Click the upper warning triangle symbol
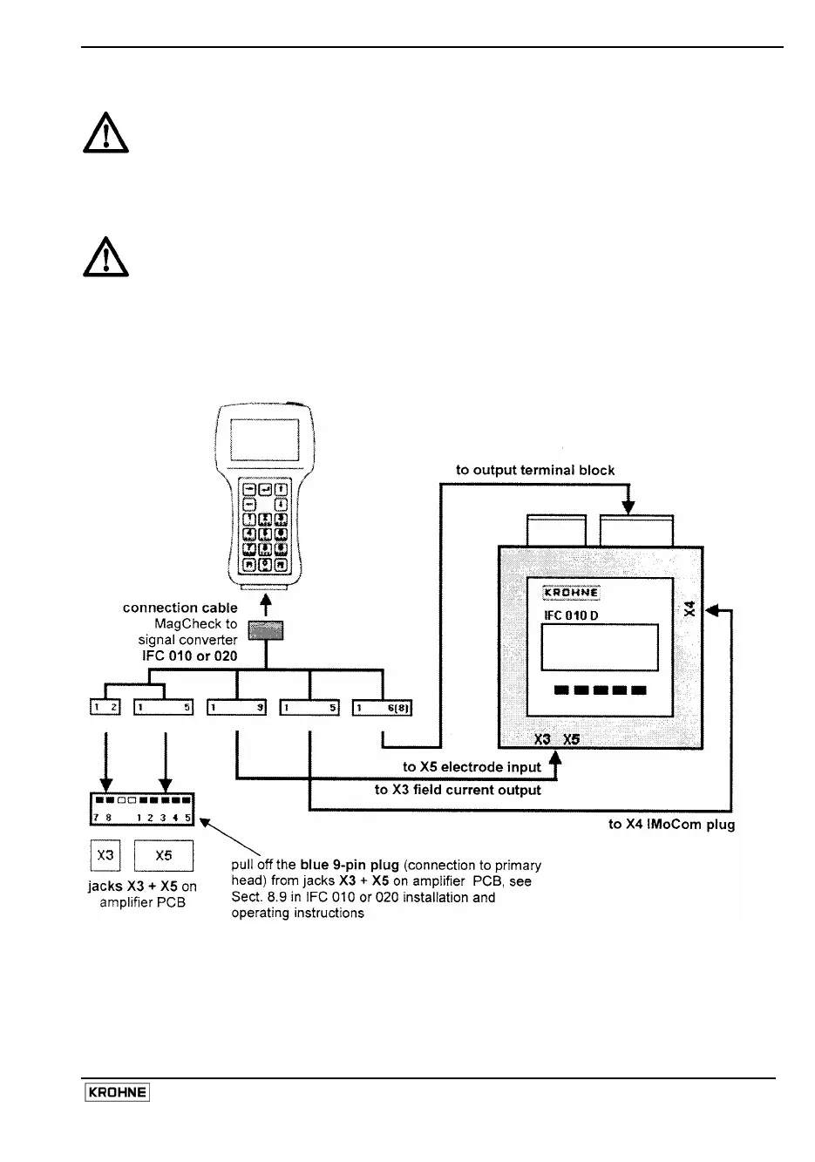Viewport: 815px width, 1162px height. tap(105, 133)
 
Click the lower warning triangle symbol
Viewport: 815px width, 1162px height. tap(105, 256)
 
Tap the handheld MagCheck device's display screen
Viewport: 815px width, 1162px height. tap(265, 442)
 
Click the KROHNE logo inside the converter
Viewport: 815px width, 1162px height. tap(572, 594)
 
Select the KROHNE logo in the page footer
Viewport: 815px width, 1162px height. tap(117, 1093)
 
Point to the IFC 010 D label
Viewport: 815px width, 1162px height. tap(572, 616)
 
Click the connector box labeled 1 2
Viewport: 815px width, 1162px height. tap(106, 707)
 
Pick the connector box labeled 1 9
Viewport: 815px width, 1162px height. tap(237, 707)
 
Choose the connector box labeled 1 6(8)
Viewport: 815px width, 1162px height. tap(383, 707)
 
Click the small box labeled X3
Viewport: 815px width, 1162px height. tap(105, 855)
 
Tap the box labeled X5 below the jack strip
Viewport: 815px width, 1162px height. tap(164, 855)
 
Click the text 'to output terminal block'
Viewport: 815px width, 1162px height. tap(535, 470)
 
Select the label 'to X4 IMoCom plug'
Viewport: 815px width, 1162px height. tap(671, 824)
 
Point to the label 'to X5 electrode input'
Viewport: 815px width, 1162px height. tap(472, 767)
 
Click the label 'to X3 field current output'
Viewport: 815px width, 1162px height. tap(458, 790)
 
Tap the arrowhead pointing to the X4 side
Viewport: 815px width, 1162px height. tap(710, 610)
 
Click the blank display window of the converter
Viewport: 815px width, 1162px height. tap(600, 646)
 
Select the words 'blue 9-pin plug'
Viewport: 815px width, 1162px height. tap(350, 866)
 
